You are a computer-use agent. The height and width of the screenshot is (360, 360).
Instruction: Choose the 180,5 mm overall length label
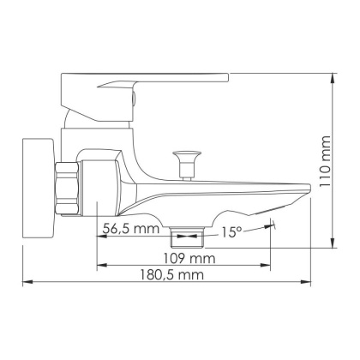174,273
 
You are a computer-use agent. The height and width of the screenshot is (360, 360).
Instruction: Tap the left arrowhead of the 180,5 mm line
26,281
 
